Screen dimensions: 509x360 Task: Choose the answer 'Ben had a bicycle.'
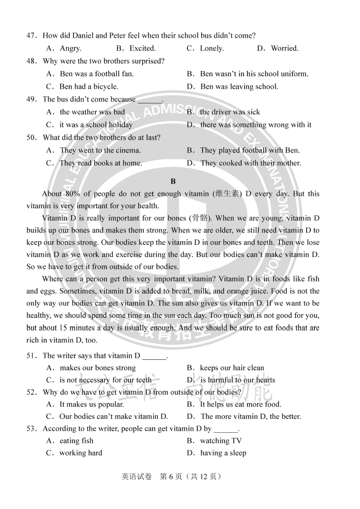[x=89, y=87]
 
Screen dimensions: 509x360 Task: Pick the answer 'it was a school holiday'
[x=96, y=125]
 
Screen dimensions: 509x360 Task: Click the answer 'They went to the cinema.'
[x=100, y=151]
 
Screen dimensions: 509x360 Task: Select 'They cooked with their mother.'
[x=251, y=163]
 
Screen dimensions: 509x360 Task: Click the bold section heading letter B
[x=173, y=181]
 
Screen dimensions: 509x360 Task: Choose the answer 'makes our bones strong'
[x=97, y=368]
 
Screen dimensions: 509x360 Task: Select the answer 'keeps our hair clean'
[x=232, y=368]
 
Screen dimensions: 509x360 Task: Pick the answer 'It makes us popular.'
[x=92, y=404]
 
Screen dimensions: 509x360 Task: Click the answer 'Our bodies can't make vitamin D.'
[x=113, y=417]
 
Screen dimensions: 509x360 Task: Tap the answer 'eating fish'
[x=76, y=441]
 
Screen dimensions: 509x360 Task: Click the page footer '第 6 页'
[x=172, y=476]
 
